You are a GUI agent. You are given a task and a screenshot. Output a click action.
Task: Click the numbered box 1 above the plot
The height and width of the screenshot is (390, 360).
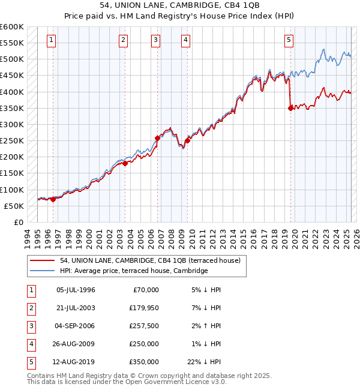51,40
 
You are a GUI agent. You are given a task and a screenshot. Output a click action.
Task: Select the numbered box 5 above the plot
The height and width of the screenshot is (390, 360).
289,40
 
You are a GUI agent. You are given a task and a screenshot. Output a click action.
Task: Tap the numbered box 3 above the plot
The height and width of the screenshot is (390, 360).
155,40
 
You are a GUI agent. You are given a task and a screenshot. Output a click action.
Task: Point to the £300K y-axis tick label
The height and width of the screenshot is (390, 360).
12,125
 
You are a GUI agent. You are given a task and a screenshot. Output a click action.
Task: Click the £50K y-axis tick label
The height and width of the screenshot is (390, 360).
14,206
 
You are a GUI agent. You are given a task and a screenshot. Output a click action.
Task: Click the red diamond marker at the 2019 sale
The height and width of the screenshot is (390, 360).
291,109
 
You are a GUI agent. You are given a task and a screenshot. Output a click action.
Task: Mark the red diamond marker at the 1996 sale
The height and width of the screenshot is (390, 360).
53,200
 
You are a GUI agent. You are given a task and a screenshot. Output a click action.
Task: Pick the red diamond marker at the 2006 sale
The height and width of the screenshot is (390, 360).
157,138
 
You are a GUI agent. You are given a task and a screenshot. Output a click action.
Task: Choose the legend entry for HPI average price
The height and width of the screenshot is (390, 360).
133,271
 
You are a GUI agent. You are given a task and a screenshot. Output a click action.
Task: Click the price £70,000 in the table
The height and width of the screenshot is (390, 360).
145,290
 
